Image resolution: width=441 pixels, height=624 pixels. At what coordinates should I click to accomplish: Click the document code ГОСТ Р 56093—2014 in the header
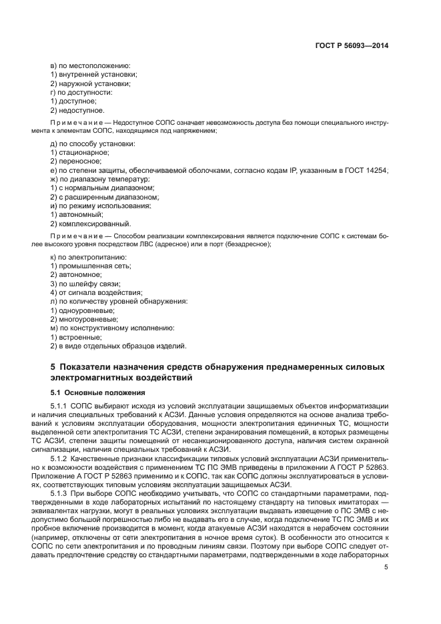pyautogui.click(x=351, y=46)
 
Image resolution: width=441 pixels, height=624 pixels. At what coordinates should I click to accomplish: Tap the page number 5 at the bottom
pyautogui.click(x=386, y=567)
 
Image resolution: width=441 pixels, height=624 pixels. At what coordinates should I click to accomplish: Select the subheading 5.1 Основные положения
pyautogui.click(x=93, y=392)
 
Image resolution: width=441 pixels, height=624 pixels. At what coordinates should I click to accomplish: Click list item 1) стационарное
pyautogui.click(x=80, y=153)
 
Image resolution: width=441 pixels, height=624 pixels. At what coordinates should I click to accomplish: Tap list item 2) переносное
pyautogui.click(x=76, y=162)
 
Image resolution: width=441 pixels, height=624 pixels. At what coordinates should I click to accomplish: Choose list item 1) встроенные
pyautogui.click(x=76, y=336)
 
